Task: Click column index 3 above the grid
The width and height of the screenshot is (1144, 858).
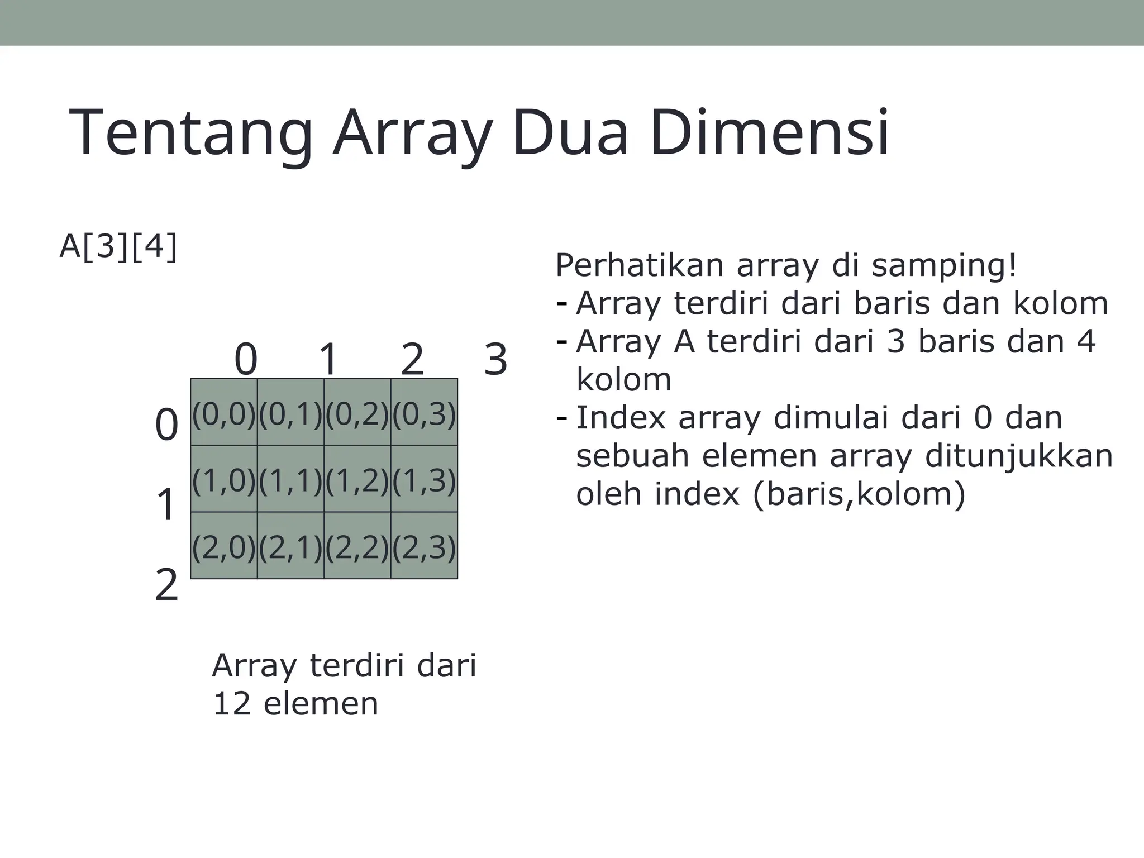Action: point(495,360)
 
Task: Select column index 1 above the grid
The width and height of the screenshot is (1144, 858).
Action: point(329,360)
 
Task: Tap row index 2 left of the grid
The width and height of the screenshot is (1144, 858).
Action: point(166,585)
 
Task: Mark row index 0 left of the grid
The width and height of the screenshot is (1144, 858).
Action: point(166,425)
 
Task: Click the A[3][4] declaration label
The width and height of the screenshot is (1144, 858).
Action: point(118,246)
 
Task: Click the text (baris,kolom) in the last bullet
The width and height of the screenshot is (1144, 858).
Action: point(859,494)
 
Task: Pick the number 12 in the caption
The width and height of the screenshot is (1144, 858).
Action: point(232,703)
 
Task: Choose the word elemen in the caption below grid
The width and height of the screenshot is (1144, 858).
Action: point(321,703)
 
